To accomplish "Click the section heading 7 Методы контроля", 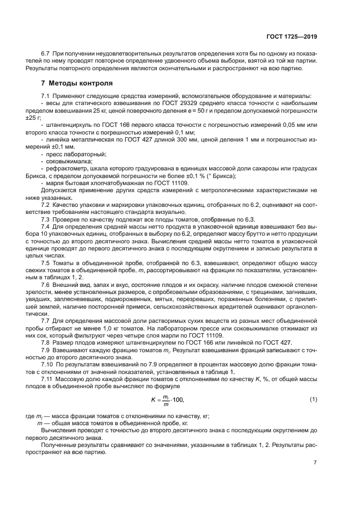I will tap(77, 84).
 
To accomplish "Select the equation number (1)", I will tap(313, 400).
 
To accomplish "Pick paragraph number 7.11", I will tap(48, 377).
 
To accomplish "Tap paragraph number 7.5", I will tap(46, 263).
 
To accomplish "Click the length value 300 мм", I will tap(172, 140).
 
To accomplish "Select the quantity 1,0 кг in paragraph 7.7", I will tap(113, 328).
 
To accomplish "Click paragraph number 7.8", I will tap(46, 342).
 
